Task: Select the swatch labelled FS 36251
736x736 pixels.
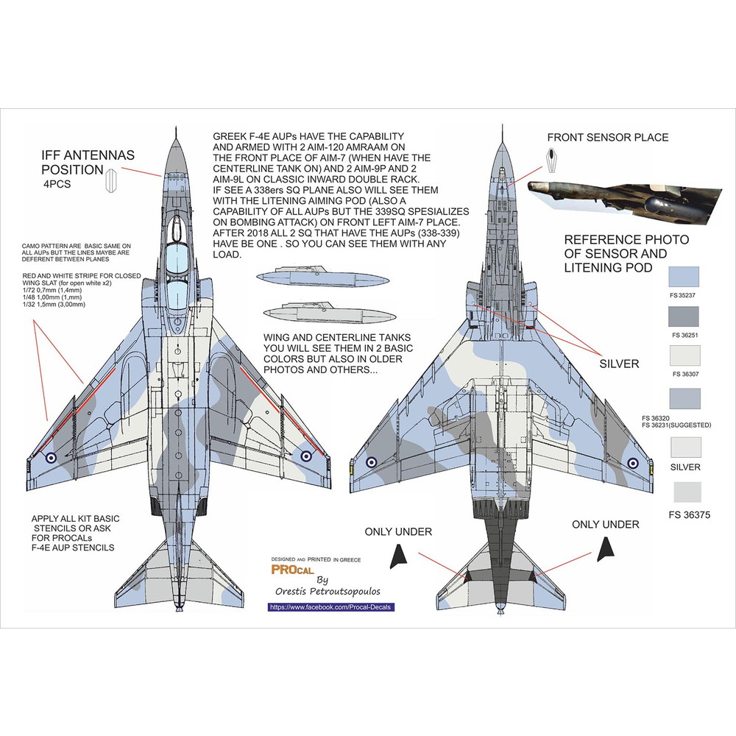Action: click(684, 317)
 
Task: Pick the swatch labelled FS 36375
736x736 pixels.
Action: click(684, 492)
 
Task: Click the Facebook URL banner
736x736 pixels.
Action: click(331, 607)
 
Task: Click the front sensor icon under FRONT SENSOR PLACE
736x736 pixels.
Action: click(552, 156)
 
